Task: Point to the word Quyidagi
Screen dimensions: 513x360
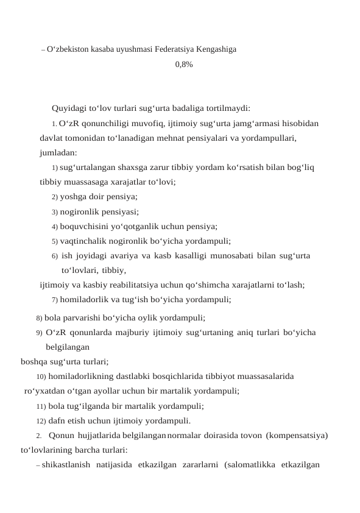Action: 69,109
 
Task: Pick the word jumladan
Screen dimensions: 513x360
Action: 58,152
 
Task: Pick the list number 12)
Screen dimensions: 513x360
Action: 41,420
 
